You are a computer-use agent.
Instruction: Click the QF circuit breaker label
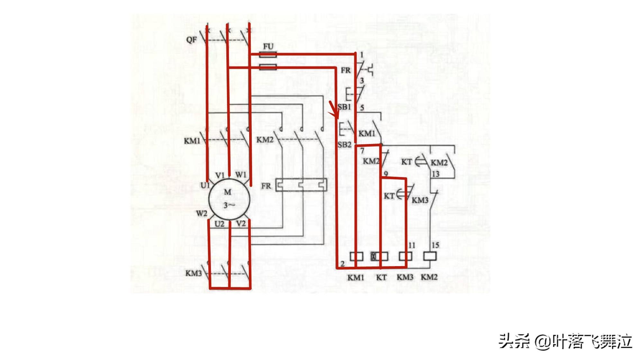tap(192, 40)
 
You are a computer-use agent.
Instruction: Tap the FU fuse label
tap(268, 47)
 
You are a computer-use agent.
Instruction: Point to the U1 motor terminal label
tap(205, 185)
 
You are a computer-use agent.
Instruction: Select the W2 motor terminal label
tap(202, 213)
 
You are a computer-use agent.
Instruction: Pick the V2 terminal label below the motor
tap(241, 223)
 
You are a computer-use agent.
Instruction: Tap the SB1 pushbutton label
tap(344, 106)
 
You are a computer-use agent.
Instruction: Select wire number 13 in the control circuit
tap(435, 174)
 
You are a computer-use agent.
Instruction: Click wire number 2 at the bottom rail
tap(343, 264)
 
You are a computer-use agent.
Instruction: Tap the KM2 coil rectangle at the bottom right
tap(430, 256)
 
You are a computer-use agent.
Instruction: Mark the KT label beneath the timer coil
tap(381, 277)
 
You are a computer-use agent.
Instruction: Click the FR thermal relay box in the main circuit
tap(301, 185)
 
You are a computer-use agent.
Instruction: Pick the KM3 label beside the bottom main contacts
tap(194, 274)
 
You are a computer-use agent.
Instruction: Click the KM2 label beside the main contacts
tap(265, 140)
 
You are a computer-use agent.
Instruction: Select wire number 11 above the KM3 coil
tap(412, 246)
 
